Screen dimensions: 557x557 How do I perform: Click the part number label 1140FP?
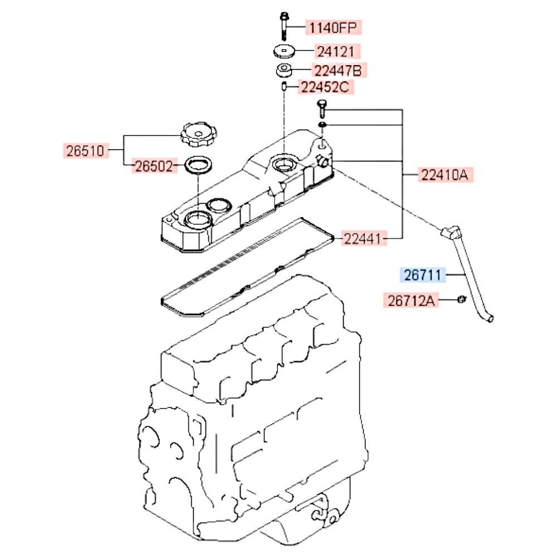[333, 27]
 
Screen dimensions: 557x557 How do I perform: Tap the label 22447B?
[339, 70]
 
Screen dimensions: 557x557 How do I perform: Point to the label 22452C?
[325, 87]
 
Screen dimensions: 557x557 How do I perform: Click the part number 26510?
[86, 150]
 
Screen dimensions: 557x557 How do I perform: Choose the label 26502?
[154, 166]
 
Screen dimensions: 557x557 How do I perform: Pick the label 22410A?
[446, 175]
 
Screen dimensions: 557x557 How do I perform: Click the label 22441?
[364, 238]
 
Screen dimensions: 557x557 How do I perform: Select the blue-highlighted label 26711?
[423, 275]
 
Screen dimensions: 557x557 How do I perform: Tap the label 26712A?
[411, 301]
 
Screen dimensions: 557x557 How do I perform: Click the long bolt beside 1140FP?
[284, 26]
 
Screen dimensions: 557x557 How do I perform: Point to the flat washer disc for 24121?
[285, 52]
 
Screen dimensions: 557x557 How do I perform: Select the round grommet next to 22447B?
[284, 70]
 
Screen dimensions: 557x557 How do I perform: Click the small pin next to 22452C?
[284, 86]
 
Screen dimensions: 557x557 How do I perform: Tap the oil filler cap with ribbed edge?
[198, 135]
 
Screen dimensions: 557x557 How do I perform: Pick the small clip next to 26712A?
[461, 299]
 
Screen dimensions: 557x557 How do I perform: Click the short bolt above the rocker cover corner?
[322, 109]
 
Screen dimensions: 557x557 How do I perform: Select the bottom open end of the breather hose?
[490, 319]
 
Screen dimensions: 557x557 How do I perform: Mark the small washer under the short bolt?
[322, 125]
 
